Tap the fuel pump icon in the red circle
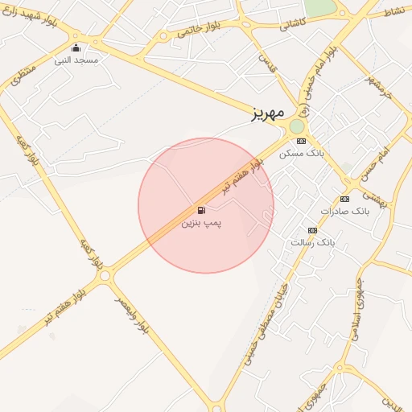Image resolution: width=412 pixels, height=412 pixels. [200, 211]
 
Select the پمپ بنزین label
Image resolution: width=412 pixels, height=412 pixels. [200, 222]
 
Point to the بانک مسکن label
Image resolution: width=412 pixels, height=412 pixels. [301, 153]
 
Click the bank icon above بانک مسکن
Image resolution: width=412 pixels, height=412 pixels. [301, 141]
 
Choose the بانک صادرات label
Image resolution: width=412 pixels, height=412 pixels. [344, 211]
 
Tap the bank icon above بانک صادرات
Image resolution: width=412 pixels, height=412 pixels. [344, 199]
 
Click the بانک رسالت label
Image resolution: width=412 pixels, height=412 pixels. [311, 241]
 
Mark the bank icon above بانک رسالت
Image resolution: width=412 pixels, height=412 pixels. [312, 230]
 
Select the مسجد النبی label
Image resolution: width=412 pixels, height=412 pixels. [76, 60]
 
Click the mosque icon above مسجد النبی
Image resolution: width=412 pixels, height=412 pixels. [76, 49]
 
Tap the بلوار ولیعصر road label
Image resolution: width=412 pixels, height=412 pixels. [134, 315]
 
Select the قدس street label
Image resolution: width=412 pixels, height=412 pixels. [266, 64]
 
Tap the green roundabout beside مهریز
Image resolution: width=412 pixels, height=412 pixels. [297, 126]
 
